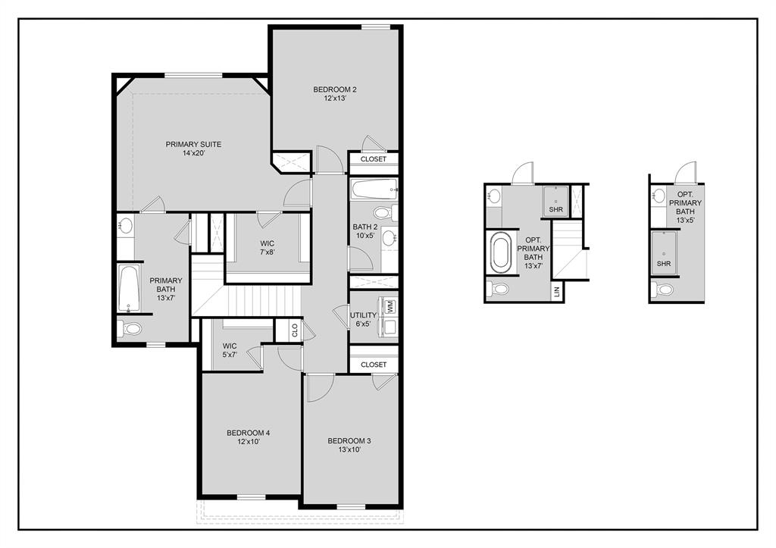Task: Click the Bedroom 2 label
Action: pyautogui.click(x=334, y=93)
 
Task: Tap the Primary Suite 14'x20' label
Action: pyautogui.click(x=193, y=149)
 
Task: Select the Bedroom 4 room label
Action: pyautogui.click(x=249, y=437)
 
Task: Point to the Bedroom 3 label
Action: pyautogui.click(x=349, y=445)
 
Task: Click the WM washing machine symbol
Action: pyautogui.click(x=390, y=306)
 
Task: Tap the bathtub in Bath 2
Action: pyautogui.click(x=374, y=189)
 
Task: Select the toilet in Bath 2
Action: pyautogui.click(x=384, y=213)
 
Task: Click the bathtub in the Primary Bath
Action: pyautogui.click(x=129, y=290)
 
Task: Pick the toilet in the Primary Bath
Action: pyautogui.click(x=130, y=327)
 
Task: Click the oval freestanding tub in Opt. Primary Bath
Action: pyautogui.click(x=501, y=253)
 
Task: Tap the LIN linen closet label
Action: pyautogui.click(x=557, y=292)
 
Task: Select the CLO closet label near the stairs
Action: pyautogui.click(x=295, y=330)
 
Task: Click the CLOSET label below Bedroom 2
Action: pyautogui.click(x=373, y=159)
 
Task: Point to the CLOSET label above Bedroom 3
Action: pyautogui.click(x=374, y=365)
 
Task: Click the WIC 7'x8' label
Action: pyautogui.click(x=268, y=248)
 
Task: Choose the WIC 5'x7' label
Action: pyautogui.click(x=230, y=350)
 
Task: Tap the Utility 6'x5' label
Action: pyautogui.click(x=363, y=319)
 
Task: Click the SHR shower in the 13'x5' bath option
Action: pyautogui.click(x=664, y=252)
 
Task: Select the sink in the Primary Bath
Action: pyautogui.click(x=126, y=226)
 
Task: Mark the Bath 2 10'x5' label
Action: pyautogui.click(x=365, y=231)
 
